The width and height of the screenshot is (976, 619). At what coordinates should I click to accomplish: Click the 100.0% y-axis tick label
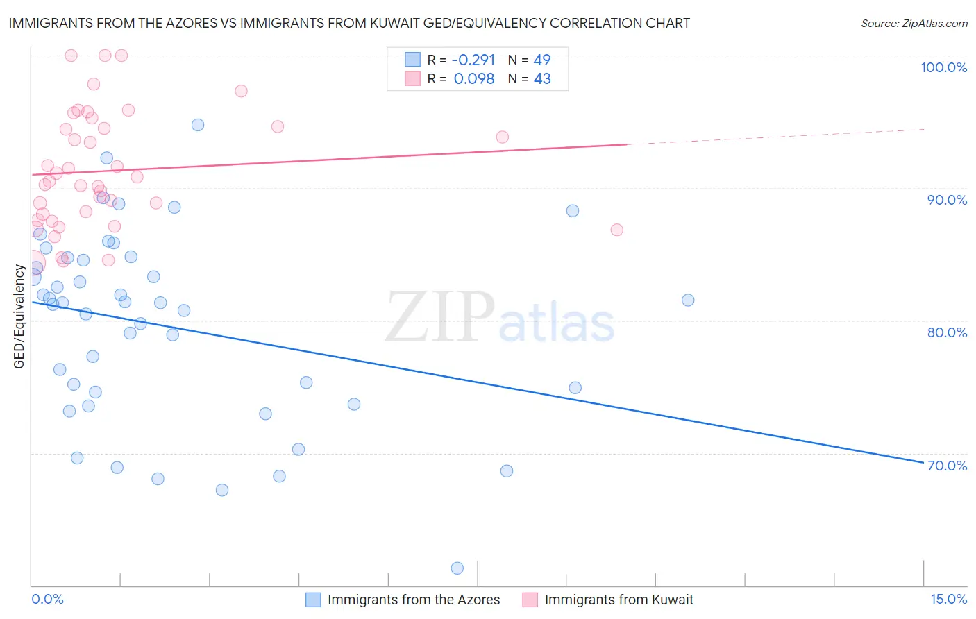point(943,67)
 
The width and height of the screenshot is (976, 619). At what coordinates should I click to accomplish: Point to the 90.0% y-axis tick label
point(947,200)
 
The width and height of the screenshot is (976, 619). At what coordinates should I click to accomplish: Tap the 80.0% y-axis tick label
point(947,332)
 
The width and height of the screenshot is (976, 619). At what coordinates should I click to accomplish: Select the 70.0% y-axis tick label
point(947,466)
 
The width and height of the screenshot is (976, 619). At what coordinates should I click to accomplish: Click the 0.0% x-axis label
point(47,599)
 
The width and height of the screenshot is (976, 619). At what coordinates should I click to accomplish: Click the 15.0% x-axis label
point(948,599)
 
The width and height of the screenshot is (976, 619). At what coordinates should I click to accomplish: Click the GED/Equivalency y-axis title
point(19,316)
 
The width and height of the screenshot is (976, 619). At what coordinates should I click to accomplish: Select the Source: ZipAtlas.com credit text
point(914,24)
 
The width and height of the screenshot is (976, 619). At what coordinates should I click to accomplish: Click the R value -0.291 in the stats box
point(473,60)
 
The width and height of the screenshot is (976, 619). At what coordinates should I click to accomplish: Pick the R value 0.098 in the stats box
point(474,79)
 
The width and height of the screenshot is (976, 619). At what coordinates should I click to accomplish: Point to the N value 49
point(541,60)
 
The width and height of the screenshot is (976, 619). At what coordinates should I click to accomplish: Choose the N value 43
point(541,79)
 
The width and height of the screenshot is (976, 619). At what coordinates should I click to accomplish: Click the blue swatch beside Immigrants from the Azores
point(313,600)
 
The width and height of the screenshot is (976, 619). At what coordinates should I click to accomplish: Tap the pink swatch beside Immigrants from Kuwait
point(530,600)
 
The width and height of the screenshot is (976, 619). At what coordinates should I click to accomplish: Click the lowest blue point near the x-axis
point(457,568)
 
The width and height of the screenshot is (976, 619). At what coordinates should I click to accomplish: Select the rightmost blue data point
point(688,300)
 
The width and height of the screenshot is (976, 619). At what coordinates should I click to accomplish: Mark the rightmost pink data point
point(616,230)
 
